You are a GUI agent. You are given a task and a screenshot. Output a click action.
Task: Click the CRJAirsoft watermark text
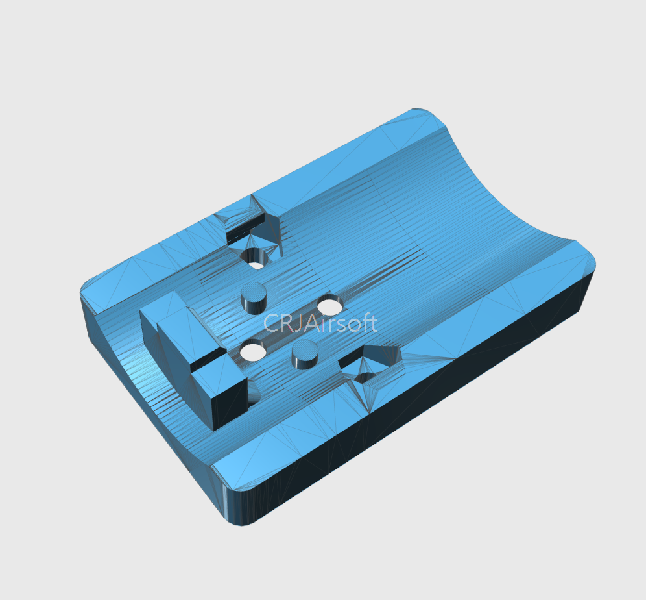[320, 323]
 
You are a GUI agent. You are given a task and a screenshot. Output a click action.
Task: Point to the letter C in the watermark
[270, 323]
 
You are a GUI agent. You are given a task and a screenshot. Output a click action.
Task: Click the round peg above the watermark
[254, 297]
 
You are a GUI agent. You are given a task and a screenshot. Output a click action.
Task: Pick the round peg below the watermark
[304, 355]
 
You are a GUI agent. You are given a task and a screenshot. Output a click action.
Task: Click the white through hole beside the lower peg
[252, 353]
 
